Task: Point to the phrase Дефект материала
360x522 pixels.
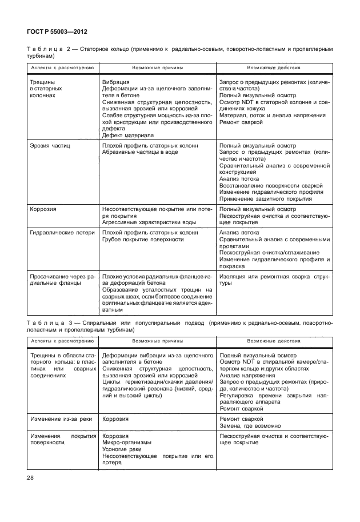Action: click(127, 136)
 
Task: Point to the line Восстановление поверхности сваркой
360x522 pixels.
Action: click(271, 185)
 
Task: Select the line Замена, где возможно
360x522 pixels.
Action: click(250, 426)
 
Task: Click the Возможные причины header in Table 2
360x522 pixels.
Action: click(157, 68)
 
